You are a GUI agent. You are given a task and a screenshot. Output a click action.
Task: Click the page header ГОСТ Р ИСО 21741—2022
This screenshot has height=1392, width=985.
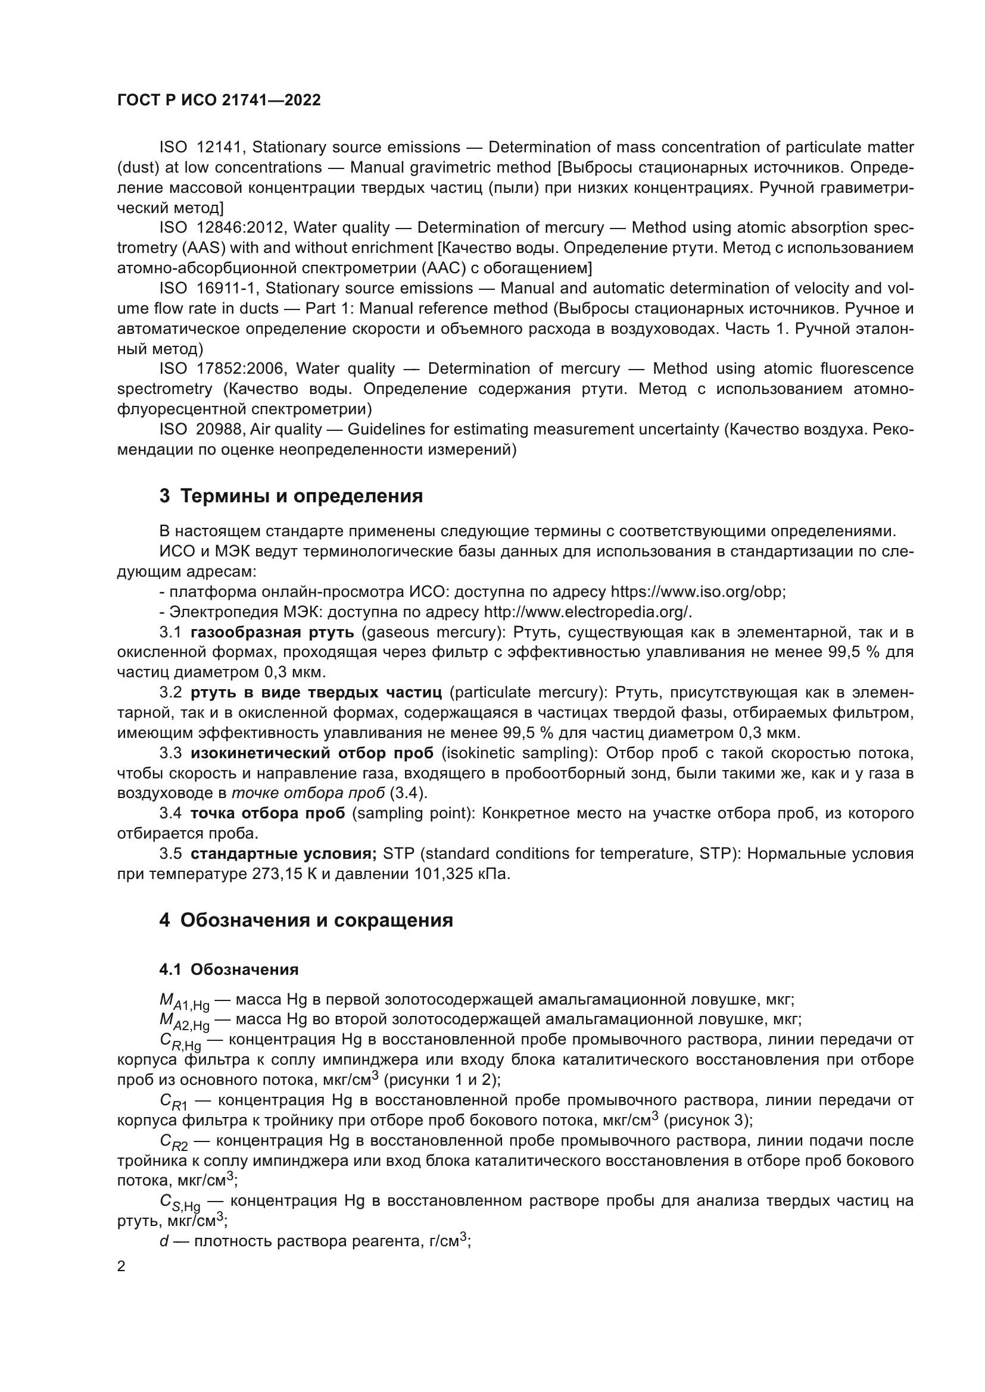pyautogui.click(x=219, y=100)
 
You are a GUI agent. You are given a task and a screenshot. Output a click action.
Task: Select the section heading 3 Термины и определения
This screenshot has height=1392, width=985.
pyautogui.click(x=291, y=496)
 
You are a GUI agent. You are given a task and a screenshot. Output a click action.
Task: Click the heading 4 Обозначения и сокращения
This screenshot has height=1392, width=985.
pyautogui.click(x=306, y=919)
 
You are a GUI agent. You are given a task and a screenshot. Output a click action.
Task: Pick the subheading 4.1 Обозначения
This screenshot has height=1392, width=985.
pyautogui.click(x=229, y=969)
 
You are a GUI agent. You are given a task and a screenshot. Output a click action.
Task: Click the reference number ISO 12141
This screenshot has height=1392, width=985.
pyautogui.click(x=201, y=148)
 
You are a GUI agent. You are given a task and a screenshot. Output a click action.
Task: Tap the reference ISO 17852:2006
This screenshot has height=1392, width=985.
pyautogui.click(x=223, y=368)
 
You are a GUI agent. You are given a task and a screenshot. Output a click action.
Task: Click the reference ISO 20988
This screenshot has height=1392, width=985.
pyautogui.click(x=201, y=429)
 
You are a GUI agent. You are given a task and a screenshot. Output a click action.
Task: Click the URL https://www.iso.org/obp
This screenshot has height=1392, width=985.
pyautogui.click(x=697, y=592)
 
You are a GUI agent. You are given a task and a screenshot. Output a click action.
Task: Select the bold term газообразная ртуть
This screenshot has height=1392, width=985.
pyautogui.click(x=272, y=633)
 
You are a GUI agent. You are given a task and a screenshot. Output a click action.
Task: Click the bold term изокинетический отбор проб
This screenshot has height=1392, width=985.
pyautogui.click(x=311, y=753)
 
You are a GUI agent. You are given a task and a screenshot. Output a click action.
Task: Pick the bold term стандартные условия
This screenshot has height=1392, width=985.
pyautogui.click(x=283, y=853)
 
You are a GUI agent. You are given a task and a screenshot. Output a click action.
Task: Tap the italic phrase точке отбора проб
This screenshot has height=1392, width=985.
pyautogui.click(x=308, y=793)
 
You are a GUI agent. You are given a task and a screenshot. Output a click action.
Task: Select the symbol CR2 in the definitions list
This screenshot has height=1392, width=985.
pyautogui.click(x=174, y=1143)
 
